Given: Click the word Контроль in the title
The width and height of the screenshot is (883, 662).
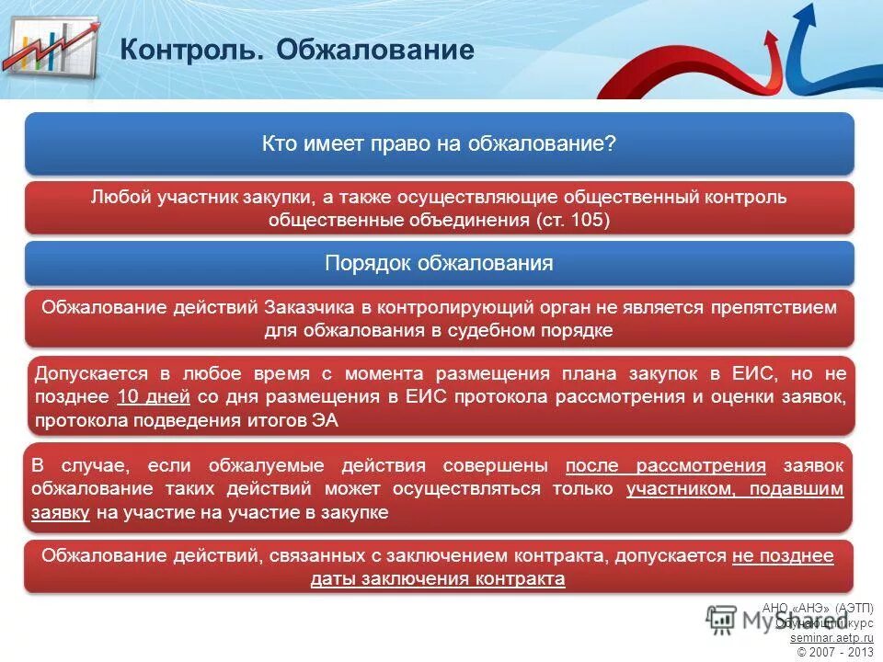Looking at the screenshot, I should coord(190,50).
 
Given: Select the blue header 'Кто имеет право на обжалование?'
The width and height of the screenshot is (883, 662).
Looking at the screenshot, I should coord(439,144).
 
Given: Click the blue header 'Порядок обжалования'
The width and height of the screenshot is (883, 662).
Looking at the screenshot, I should coord(439,264).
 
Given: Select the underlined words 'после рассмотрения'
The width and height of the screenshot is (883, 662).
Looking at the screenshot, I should coord(665,465).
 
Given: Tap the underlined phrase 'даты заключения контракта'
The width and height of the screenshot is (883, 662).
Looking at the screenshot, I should coord(438,579).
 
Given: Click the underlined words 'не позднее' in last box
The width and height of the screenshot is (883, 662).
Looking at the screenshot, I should coord(783,556).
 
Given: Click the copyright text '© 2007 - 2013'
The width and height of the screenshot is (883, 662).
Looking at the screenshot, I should coord(834,651).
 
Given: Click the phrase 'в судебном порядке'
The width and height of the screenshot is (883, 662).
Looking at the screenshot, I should coord(532,330).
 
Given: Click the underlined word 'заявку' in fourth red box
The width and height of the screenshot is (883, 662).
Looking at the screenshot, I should coord(60,513).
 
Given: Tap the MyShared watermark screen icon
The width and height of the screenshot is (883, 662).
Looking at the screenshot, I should coord(722,619).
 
